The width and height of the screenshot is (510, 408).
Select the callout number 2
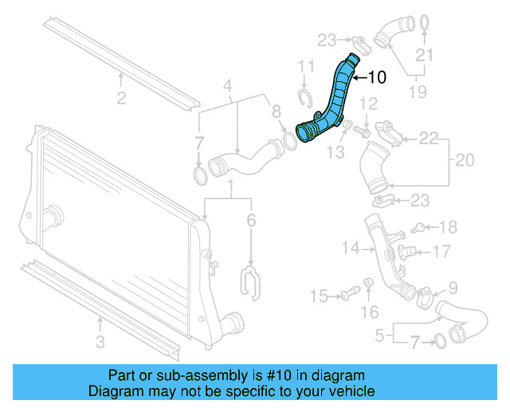121,98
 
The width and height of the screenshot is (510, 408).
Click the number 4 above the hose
227,85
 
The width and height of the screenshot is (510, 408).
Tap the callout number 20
465,160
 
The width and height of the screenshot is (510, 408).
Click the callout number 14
351,248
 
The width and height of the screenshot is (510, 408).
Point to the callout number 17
442,252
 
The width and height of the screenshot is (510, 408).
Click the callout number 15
318,296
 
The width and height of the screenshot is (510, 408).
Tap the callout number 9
452,288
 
